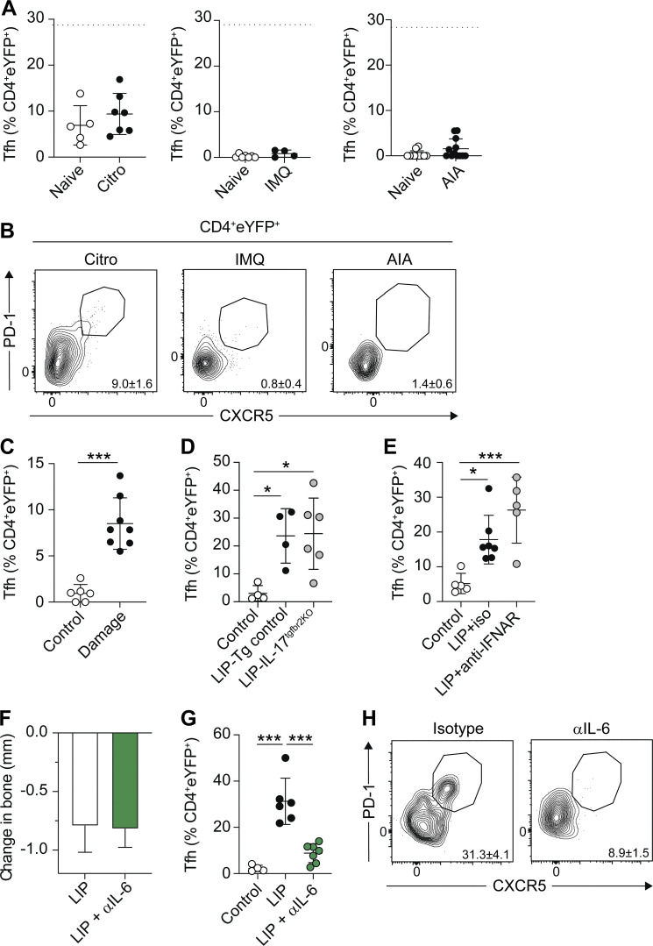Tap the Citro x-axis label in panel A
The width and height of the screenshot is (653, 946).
point(113,179)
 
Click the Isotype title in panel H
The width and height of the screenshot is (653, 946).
point(458,729)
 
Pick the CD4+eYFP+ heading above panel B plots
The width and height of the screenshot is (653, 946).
point(242,228)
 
